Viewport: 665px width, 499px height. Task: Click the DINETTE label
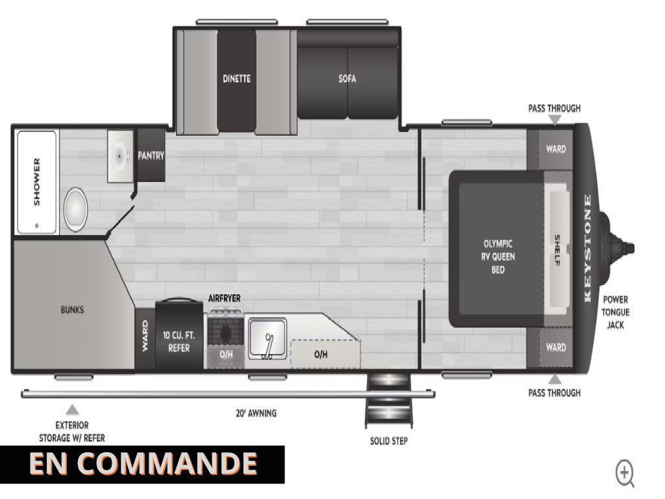236,79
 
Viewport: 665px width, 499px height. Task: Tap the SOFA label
347,79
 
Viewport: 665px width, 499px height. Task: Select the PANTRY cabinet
151,155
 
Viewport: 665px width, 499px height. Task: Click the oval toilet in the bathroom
75,209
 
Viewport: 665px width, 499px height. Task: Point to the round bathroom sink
119,156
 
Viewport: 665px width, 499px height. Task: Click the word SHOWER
37,182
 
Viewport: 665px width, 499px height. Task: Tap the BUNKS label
72,310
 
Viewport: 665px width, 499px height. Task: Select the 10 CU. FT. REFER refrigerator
179,335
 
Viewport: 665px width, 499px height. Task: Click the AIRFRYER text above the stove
224,298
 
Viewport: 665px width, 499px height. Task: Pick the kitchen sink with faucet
267,339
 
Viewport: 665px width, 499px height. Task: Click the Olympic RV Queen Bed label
498,257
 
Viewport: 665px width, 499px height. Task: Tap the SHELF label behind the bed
557,250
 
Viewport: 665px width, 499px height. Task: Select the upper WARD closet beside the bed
556,149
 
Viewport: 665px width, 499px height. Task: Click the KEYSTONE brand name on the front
587,248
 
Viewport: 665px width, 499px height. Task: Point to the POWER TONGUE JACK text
616,313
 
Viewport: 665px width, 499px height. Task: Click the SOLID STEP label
389,441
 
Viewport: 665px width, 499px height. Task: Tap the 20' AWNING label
256,413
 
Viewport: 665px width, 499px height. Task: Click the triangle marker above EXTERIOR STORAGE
73,409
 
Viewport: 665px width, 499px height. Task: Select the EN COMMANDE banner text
144,463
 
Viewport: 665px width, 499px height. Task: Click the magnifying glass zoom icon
625,474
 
